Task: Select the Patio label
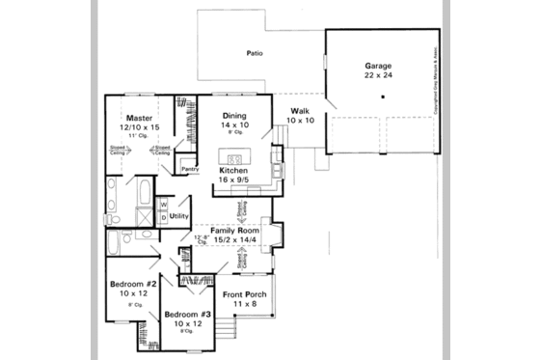point(255,53)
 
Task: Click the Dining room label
point(234,116)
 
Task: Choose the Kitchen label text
point(234,170)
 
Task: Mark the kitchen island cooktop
point(232,156)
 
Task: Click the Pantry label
point(190,169)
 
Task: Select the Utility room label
point(178,216)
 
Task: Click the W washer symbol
point(164,205)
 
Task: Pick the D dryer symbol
point(164,217)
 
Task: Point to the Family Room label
point(231,231)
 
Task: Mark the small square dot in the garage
point(383,97)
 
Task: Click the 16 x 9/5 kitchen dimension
point(234,180)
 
